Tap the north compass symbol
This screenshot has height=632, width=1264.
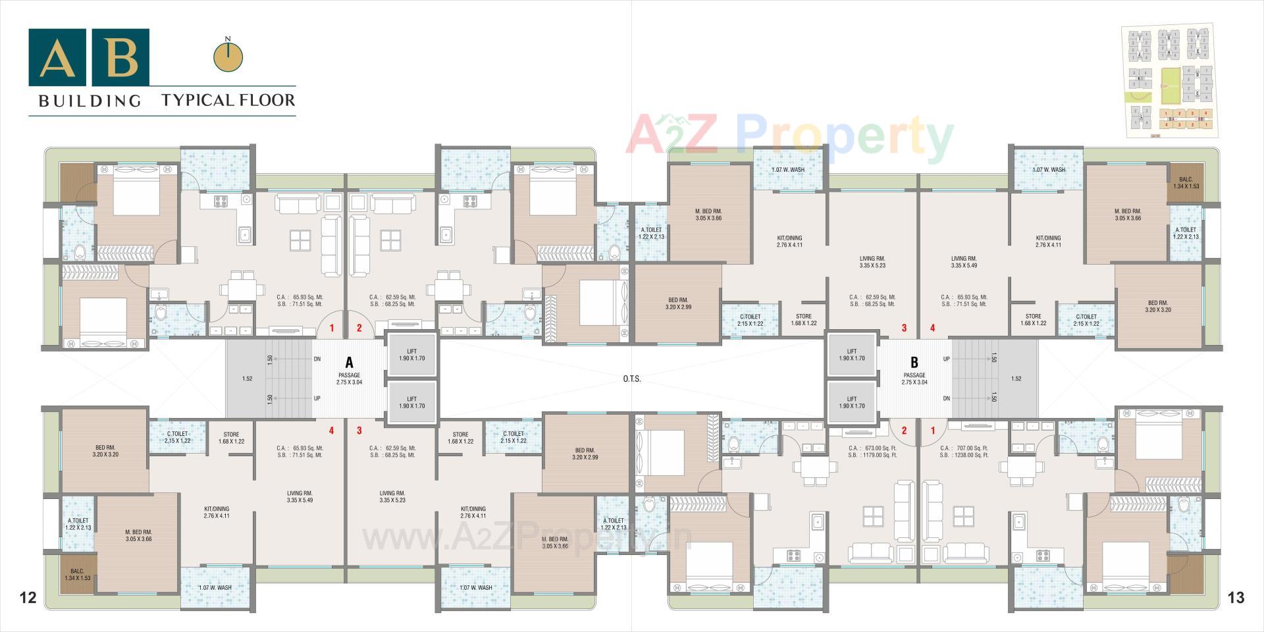click(228, 56)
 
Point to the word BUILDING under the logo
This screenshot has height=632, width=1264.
click(90, 101)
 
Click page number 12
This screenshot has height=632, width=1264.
click(28, 598)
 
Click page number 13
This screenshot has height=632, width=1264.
click(1236, 598)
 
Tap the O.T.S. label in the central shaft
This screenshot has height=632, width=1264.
click(631, 379)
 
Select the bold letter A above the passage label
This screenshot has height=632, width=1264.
click(349, 363)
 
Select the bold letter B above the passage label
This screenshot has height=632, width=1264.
click(914, 363)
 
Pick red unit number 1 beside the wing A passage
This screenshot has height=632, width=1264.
click(332, 328)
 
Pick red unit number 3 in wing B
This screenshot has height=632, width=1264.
click(904, 328)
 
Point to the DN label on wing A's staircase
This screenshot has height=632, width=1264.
click(317, 359)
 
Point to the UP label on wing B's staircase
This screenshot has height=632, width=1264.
click(946, 359)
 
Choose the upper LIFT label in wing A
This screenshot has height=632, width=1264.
click(411, 355)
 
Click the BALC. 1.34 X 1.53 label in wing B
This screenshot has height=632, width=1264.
click(1186, 183)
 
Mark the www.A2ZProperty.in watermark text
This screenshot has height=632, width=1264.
click(527, 539)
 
